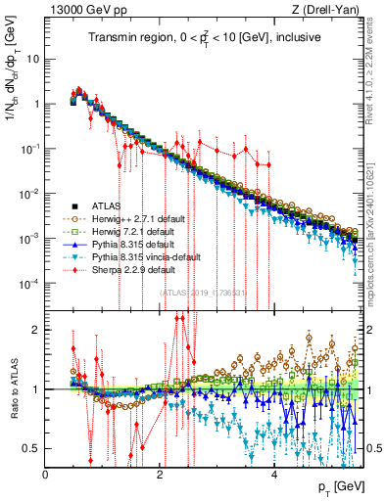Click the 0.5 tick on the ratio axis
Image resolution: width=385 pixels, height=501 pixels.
(x=32, y=448)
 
